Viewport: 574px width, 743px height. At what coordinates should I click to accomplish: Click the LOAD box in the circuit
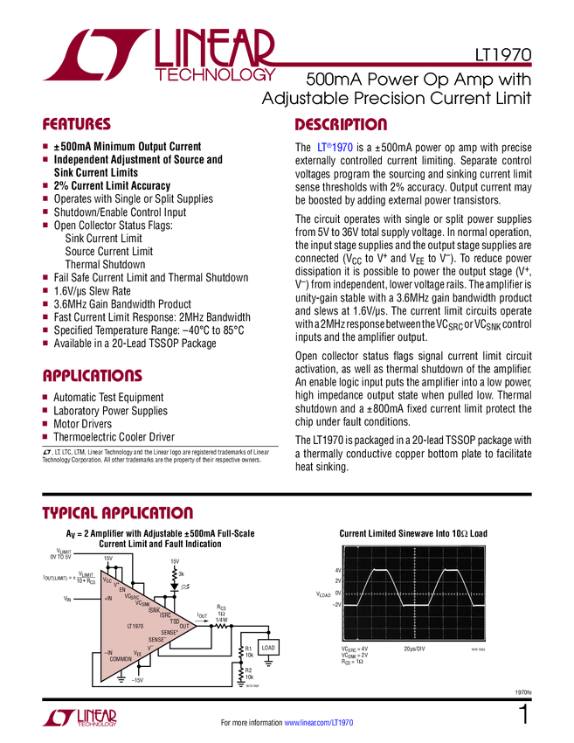tap(269, 648)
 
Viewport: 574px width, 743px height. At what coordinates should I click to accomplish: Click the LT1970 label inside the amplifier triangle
tap(135, 626)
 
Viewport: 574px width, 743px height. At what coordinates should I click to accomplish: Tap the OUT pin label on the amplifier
tap(183, 626)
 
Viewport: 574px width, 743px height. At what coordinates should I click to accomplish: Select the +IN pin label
tap(108, 599)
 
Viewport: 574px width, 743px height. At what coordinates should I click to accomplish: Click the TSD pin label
tap(175, 620)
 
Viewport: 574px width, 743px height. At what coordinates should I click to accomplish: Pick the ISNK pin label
tap(154, 609)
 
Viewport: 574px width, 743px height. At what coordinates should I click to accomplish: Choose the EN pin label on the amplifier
tap(122, 589)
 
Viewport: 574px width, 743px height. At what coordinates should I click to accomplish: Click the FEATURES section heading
tap(77, 125)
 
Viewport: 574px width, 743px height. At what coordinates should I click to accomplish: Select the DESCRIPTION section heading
tap(341, 125)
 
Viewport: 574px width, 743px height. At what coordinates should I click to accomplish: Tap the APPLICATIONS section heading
tap(93, 377)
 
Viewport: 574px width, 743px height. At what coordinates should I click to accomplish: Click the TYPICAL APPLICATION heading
tap(118, 513)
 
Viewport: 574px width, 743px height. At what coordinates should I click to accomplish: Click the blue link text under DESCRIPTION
tap(335, 149)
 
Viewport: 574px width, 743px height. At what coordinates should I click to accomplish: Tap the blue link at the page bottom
tap(320, 723)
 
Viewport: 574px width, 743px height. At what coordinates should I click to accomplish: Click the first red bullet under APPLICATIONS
tap(45, 397)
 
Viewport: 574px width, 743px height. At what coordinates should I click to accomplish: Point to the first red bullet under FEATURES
tap(45, 146)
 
